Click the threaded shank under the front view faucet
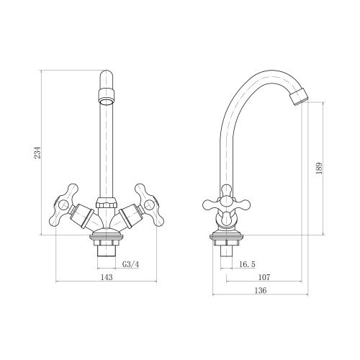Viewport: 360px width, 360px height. tap(107, 251)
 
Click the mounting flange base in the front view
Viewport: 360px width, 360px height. tap(107, 237)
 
